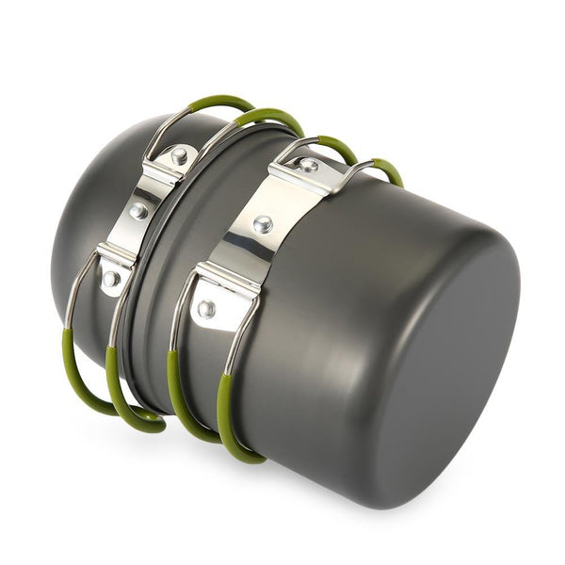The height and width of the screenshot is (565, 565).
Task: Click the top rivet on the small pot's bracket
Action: pos(178,156)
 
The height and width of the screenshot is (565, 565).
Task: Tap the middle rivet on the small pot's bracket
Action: pos(139,211)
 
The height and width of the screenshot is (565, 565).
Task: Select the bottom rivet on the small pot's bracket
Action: pos(111,278)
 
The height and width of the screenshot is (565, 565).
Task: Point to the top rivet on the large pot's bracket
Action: pos(307,166)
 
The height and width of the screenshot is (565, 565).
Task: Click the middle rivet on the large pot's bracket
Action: pos(263,224)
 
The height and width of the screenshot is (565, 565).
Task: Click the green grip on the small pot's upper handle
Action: pos(221,103)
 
